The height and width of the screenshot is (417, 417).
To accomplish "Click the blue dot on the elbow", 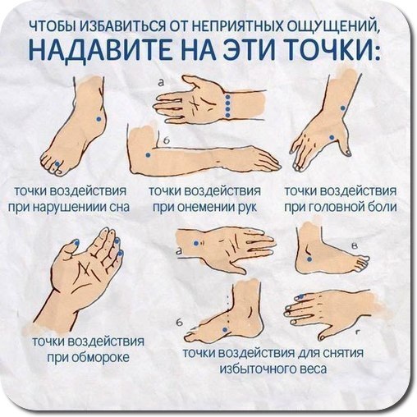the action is [x=148, y=155].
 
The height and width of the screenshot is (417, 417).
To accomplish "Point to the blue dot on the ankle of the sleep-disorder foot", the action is [x=99, y=119].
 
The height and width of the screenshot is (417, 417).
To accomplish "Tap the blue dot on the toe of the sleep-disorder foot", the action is [x=57, y=164].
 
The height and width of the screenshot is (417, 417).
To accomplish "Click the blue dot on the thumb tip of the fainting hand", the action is [x=76, y=242].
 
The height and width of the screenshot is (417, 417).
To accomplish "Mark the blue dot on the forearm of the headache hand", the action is [x=342, y=108].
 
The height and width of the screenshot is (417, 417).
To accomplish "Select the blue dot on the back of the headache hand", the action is [x=332, y=137].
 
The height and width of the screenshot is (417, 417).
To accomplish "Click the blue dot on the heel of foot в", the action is [x=309, y=259].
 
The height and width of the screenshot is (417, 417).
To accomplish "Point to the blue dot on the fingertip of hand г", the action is [x=301, y=296].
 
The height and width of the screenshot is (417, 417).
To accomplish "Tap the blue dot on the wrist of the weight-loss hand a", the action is [x=196, y=243].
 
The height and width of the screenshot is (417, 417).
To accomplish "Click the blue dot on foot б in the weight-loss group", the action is [x=225, y=329].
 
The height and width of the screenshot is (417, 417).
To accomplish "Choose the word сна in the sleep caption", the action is [x=119, y=207].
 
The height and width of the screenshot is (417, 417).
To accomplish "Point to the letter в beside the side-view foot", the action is [x=355, y=246].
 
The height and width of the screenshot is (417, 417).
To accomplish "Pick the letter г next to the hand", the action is [x=357, y=332].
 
